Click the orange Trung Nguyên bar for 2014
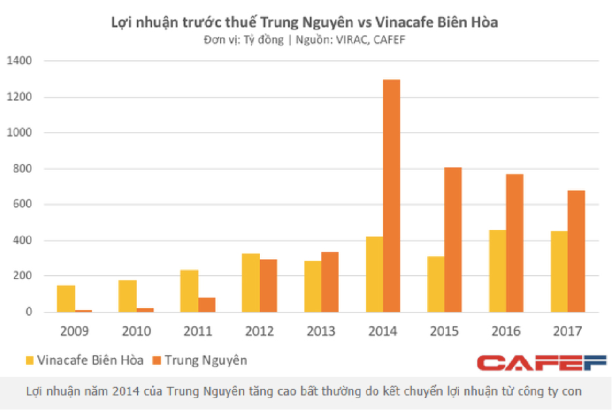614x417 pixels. pyautogui.click(x=391, y=196)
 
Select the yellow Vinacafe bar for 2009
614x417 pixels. pyautogui.click(x=66, y=299)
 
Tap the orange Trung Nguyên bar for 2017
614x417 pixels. pyautogui.click(x=576, y=252)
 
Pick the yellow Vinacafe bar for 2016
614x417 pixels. pyautogui.click(x=497, y=271)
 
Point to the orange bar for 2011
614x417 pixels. pyautogui.click(x=206, y=305)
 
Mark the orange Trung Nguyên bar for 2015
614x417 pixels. pyautogui.click(x=453, y=240)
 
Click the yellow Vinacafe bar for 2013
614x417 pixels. pyautogui.click(x=312, y=286)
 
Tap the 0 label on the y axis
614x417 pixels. pyautogui.click(x=29, y=312)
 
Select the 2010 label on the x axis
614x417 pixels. pyautogui.click(x=136, y=331)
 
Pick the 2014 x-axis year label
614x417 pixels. pyautogui.click(x=383, y=331)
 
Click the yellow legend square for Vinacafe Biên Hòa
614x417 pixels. pyautogui.click(x=29, y=360)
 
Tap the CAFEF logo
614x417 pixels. pyautogui.click(x=542, y=363)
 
